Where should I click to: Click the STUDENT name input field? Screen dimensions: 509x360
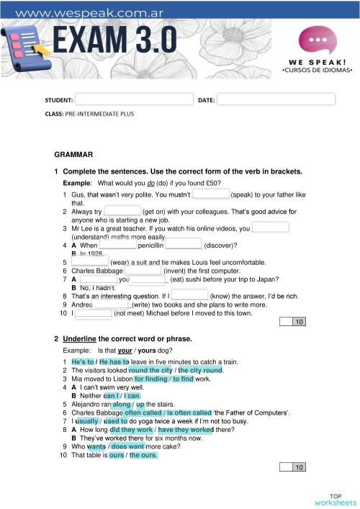coord(134,99)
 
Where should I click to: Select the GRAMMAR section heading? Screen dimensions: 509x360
coord(73,154)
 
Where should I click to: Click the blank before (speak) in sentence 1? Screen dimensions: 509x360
coord(211,194)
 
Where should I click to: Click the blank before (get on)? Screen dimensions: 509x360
coord(122,211)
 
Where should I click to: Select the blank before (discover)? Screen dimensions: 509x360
coord(184,245)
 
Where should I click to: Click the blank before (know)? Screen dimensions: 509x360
coord(190,294)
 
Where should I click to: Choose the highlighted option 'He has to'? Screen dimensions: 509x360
coord(114,361)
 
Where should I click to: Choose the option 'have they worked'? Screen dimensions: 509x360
coord(181,429)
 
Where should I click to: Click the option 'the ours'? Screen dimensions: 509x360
coord(143,455)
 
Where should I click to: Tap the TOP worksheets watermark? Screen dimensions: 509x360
coord(335,499)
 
